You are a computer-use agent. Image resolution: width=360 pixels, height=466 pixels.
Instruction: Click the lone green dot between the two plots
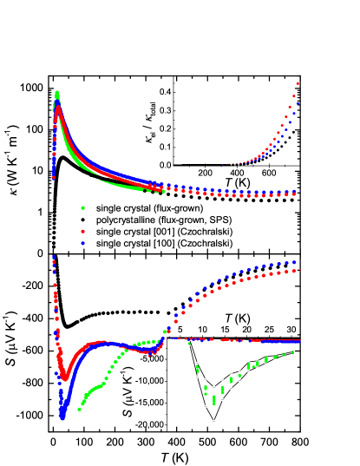pyautogui.click(x=82, y=207)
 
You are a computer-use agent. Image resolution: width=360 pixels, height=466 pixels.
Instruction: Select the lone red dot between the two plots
pyautogui.click(x=82, y=231)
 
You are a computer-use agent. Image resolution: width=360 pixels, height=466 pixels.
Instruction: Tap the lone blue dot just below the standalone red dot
pyautogui.click(x=82, y=244)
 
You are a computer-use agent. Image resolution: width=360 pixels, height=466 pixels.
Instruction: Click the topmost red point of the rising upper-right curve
pyautogui.click(x=298, y=83)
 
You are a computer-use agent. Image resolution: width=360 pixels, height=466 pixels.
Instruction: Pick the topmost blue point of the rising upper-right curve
pyautogui.click(x=298, y=102)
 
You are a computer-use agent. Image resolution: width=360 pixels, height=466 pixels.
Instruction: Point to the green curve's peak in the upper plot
pyautogui.click(x=57, y=93)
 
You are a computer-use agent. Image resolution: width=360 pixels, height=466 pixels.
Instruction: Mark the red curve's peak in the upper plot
pyautogui.click(x=58, y=108)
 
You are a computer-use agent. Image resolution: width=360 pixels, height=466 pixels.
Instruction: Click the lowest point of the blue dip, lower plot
pyautogui.click(x=62, y=417)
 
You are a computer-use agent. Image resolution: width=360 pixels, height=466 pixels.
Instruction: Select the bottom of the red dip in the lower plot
pyautogui.click(x=64, y=378)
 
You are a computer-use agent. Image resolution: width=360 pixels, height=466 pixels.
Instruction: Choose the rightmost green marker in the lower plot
pyautogui.click(x=292, y=351)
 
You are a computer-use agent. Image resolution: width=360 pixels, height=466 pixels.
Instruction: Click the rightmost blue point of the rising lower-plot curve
pyautogui.click(x=297, y=261)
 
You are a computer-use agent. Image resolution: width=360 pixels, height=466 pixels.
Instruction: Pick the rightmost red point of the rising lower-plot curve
pyautogui.click(x=297, y=270)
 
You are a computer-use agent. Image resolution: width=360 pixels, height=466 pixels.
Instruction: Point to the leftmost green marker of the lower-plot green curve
pyautogui.click(x=79, y=409)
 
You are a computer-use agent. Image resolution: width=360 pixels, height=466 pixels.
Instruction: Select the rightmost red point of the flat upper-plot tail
pyautogui.click(x=296, y=194)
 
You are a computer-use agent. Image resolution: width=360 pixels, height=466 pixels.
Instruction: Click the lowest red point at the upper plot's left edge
pyautogui.click(x=54, y=177)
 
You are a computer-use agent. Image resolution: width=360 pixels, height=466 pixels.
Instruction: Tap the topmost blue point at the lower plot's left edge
pyautogui.click(x=54, y=257)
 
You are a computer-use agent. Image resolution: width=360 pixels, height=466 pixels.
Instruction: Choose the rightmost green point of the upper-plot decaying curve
pyautogui.click(x=161, y=191)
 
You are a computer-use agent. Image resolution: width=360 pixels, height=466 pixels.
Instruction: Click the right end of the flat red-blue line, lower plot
pyautogui.click(x=298, y=340)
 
